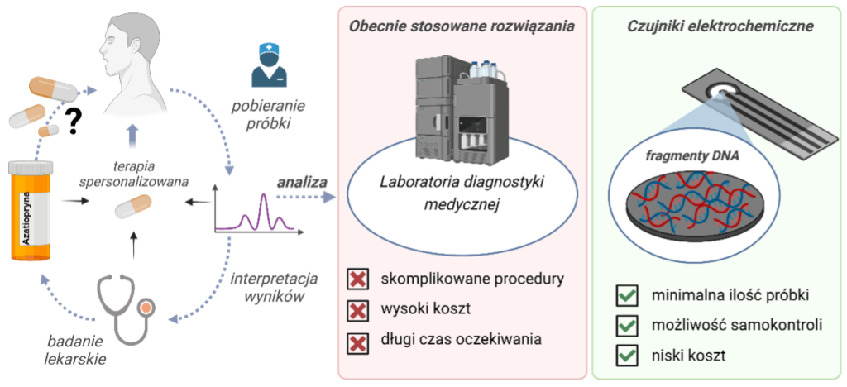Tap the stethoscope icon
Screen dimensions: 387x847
pyautogui.click(x=124, y=306)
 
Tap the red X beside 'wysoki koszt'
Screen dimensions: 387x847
pyautogui.click(x=358, y=310)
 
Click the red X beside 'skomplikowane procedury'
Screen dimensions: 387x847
pyautogui.click(x=358, y=279)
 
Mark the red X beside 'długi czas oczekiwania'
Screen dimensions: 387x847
pyautogui.click(x=358, y=340)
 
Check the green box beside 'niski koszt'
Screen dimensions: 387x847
pyautogui.click(x=628, y=356)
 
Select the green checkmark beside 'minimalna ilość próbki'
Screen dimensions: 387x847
pyautogui.click(x=628, y=295)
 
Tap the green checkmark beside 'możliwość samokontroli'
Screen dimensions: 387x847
pyautogui.click(x=628, y=326)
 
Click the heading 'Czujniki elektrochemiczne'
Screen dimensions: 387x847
pyautogui.click(x=717, y=26)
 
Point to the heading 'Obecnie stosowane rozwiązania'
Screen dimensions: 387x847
pyautogui.click(x=462, y=26)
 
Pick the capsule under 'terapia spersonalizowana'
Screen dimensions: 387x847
pyautogui.click(x=134, y=205)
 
